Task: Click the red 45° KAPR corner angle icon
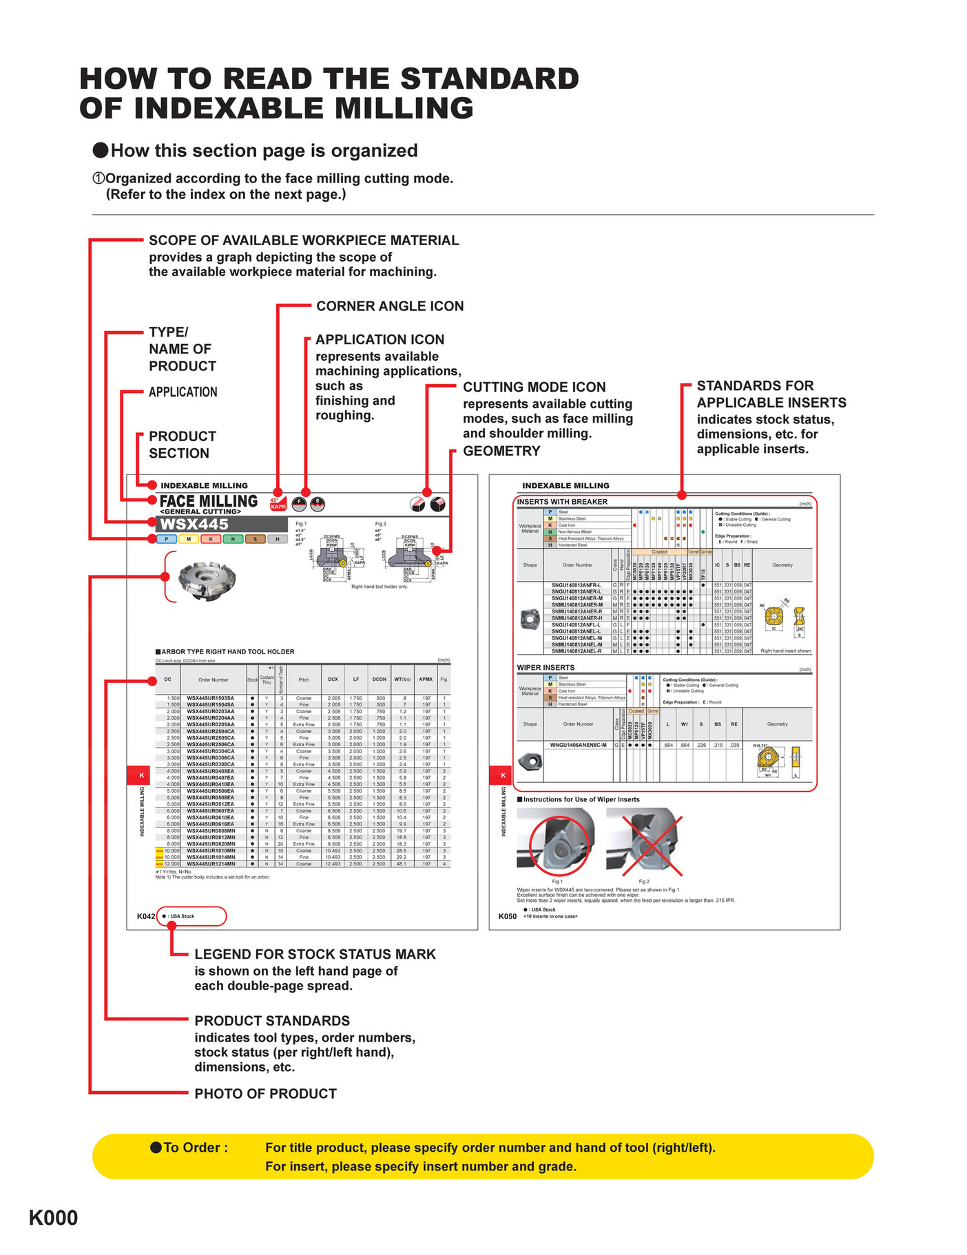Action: [x=278, y=504]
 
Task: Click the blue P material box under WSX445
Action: [x=166, y=539]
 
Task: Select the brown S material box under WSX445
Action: [x=255, y=539]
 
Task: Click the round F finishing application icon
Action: [x=299, y=504]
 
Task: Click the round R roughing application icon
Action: [x=317, y=504]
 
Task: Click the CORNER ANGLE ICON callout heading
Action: [x=390, y=306]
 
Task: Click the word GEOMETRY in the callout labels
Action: [x=501, y=451]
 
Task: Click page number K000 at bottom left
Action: [x=53, y=1218]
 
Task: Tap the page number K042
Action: [x=145, y=916]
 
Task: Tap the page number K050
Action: [x=508, y=916]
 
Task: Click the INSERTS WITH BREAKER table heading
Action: [x=562, y=502]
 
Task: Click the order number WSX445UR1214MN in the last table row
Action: [x=211, y=864]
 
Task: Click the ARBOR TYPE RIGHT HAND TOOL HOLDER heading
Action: [x=227, y=651]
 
